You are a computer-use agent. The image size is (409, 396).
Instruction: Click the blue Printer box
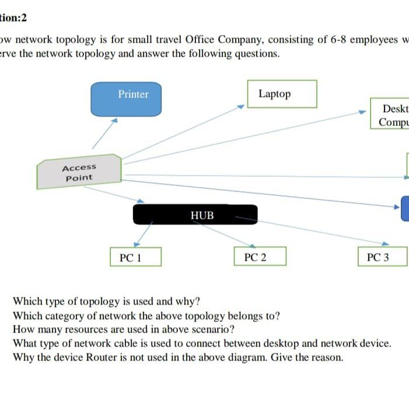point(134,99)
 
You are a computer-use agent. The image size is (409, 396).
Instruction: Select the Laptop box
point(282,94)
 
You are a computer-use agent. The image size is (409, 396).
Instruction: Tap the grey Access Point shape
point(79,173)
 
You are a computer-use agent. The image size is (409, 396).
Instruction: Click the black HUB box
point(195,215)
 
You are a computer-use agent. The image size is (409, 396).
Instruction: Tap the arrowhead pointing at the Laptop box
point(240,107)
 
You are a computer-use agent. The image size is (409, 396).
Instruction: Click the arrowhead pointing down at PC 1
point(135,243)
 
